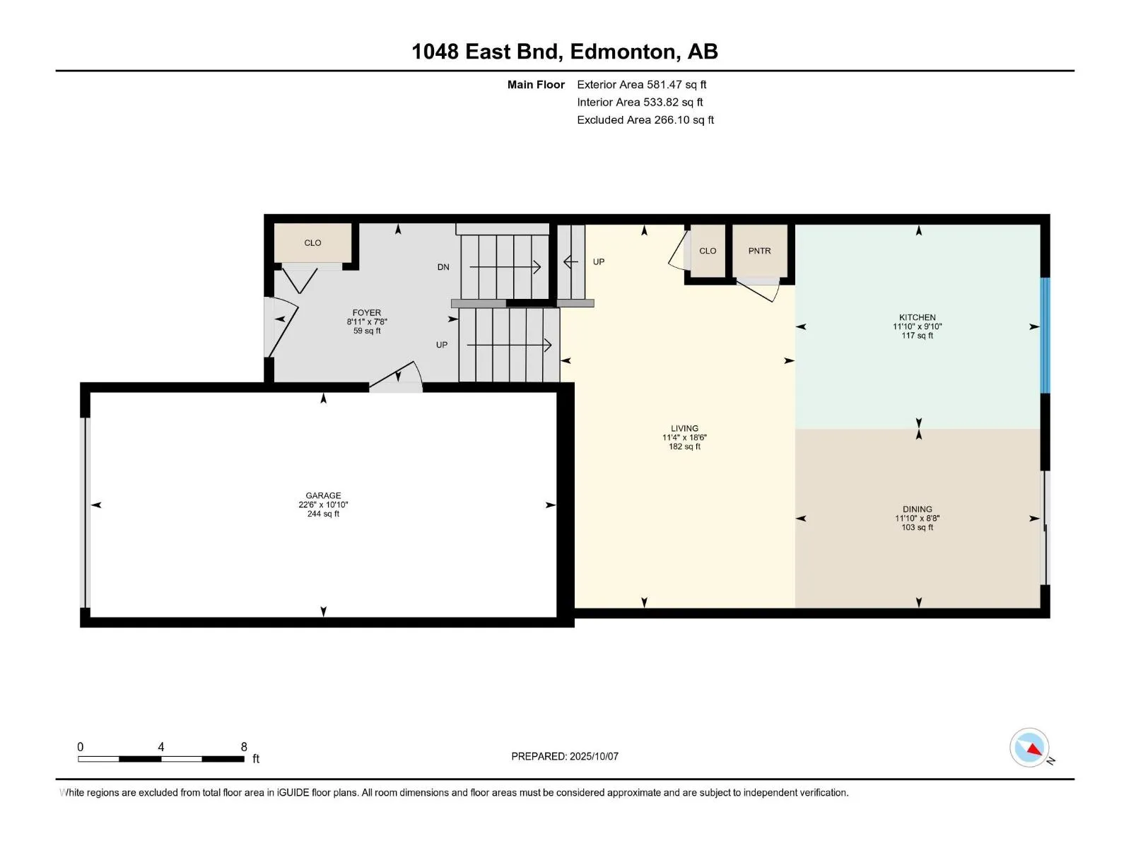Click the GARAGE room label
pyautogui.click(x=323, y=495)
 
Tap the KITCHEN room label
pyautogui.click(x=917, y=317)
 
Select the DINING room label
pyautogui.click(x=917, y=509)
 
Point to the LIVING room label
pyautogui.click(x=684, y=428)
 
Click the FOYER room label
pyautogui.click(x=367, y=312)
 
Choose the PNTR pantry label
pyautogui.click(x=759, y=251)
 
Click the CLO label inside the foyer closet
pyautogui.click(x=312, y=242)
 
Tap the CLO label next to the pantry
pyautogui.click(x=708, y=251)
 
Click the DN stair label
pyautogui.click(x=443, y=266)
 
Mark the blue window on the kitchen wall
pyautogui.click(x=1045, y=335)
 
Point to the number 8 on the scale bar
pyautogui.click(x=244, y=746)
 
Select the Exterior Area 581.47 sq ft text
pyautogui.click(x=642, y=84)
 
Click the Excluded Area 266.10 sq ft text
pyautogui.click(x=645, y=120)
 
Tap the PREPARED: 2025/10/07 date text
pyautogui.click(x=565, y=756)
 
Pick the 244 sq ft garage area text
pyautogui.click(x=323, y=513)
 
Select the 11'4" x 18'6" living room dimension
pyautogui.click(x=684, y=437)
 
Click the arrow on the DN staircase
pyautogui.click(x=505, y=266)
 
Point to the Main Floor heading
pyautogui.click(x=536, y=84)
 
